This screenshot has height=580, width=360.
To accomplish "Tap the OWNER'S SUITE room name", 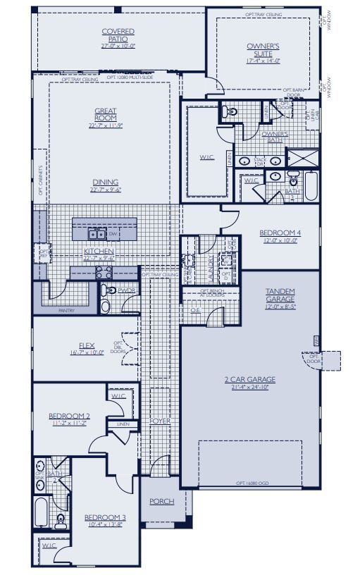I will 263,49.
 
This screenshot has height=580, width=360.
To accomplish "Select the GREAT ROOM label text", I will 106,113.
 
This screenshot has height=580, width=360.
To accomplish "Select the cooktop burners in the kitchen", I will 104,272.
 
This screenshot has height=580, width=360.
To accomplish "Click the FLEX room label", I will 87,345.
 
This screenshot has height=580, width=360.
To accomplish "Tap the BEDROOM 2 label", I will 68,417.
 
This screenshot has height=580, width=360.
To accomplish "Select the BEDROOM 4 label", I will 279,233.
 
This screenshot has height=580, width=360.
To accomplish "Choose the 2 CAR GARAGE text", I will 250,379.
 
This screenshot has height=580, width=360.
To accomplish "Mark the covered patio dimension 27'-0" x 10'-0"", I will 118,45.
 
